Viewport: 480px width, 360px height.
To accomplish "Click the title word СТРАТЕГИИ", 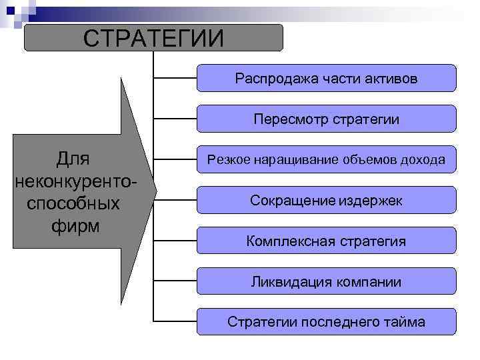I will point(153,38).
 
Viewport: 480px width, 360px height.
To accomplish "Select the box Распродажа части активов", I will point(327,78).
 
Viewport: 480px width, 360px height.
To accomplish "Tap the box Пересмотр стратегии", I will point(327,119).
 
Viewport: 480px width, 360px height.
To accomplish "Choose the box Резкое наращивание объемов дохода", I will point(327,159).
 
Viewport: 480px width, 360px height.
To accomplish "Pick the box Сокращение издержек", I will point(327,200).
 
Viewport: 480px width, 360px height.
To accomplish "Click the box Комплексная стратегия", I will point(327,241).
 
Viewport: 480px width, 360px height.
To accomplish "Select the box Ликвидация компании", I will point(327,281).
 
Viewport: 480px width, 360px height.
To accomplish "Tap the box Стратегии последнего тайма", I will point(327,322).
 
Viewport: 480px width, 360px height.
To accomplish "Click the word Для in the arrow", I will point(73,159).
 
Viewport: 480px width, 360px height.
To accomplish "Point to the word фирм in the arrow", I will point(75,225).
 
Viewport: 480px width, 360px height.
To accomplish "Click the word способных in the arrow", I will point(74,203).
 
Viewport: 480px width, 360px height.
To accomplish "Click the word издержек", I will point(370,201).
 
